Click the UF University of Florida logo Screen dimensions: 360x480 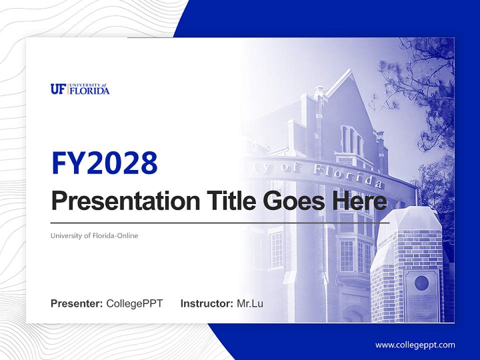coord(80,89)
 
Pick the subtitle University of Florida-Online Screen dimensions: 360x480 coord(94,235)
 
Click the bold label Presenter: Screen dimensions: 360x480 coord(77,303)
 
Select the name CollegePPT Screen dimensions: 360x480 coord(134,303)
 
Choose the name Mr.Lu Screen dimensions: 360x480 coord(250,303)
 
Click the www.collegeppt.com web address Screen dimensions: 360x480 coord(415,345)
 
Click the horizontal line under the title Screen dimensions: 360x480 coord(220,222)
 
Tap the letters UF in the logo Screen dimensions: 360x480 coord(58,89)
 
